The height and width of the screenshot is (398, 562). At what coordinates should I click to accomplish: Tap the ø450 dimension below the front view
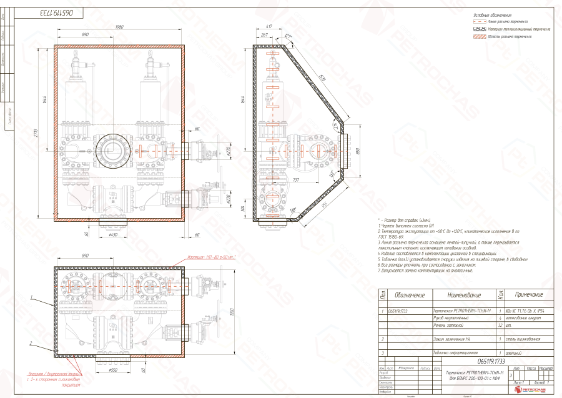click(x=113, y=236)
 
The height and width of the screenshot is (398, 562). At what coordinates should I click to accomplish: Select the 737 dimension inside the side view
click(x=312, y=179)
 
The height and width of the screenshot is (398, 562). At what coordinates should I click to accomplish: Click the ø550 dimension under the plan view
click(x=113, y=370)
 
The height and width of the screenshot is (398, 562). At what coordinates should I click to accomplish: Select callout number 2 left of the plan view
click(x=30, y=343)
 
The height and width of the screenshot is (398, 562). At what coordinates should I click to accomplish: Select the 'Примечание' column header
click(x=528, y=294)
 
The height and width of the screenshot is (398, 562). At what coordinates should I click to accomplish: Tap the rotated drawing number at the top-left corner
click(x=59, y=12)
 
